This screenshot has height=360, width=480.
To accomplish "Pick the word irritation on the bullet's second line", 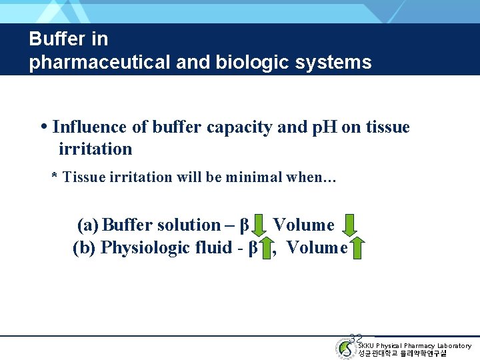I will click(x=95, y=149).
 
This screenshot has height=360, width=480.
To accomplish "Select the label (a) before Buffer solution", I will click(x=88, y=225).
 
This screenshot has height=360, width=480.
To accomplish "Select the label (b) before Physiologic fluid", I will click(x=84, y=248).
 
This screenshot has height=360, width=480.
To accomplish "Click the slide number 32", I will click(x=355, y=339).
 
